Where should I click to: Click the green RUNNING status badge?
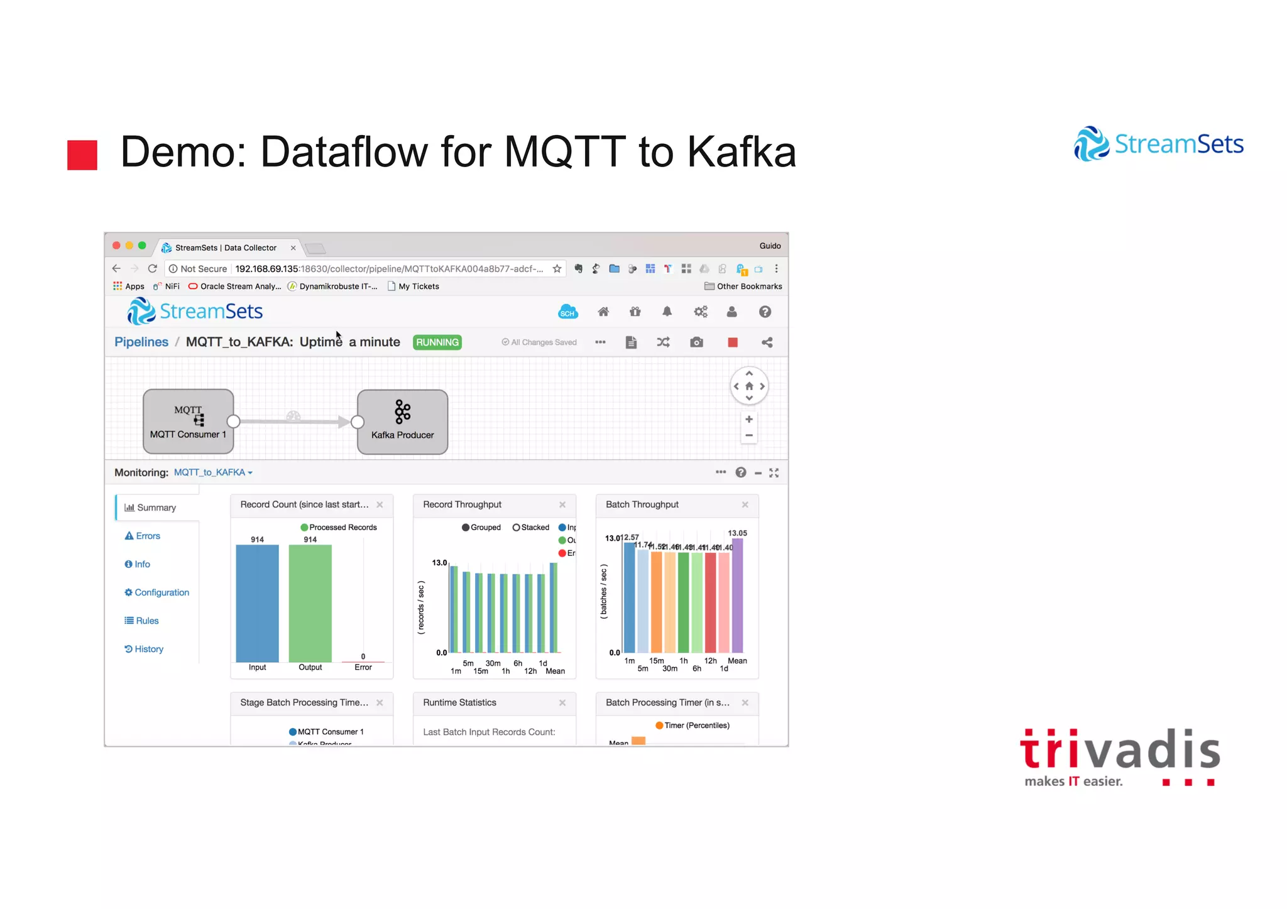coord(437,342)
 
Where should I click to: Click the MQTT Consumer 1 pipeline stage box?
coord(188,421)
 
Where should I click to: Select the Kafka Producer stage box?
coord(402,422)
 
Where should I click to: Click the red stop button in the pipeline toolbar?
coord(732,342)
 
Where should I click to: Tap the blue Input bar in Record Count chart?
coord(257,603)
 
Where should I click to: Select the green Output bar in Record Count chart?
coord(310,603)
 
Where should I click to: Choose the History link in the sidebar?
coord(148,649)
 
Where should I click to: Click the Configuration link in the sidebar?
coord(161,592)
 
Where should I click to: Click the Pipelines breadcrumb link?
coord(141,342)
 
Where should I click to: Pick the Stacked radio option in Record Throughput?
coord(517,528)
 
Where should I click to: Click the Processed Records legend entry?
coord(342,528)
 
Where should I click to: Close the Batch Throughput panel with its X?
coord(745,504)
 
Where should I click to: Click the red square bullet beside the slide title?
coord(82,155)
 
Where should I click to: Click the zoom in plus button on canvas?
coord(748,419)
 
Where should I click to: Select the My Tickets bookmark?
coord(418,286)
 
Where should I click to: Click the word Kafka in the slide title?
coord(742,152)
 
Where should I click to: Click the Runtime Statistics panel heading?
coord(459,702)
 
